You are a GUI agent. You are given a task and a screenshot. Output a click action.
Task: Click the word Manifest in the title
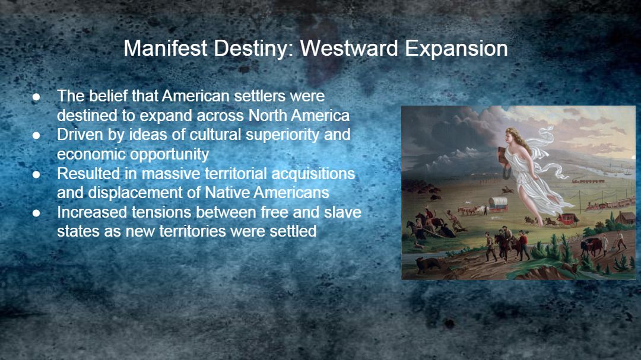point(166,48)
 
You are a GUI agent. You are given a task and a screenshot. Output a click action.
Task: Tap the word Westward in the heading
point(349,48)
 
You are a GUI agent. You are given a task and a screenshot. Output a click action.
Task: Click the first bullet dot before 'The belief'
point(36,97)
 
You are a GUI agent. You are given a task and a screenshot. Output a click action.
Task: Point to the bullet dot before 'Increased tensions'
point(36,213)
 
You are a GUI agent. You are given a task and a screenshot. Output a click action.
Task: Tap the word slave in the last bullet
point(342,212)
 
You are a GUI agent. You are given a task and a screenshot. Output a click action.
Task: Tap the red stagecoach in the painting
point(566,219)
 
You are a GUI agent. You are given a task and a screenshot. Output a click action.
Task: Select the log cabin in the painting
point(624,218)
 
